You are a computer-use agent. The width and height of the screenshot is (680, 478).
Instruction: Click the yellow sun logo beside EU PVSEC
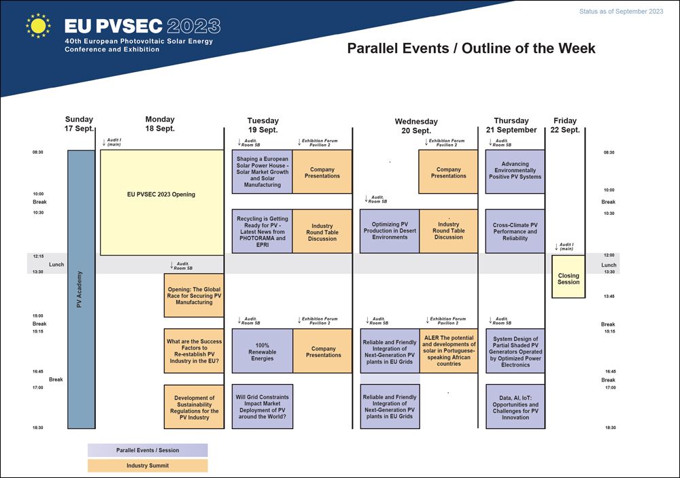(38, 26)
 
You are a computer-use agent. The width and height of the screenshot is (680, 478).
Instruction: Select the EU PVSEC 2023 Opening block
(162, 203)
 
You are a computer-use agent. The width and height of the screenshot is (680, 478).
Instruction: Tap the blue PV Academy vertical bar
(81, 290)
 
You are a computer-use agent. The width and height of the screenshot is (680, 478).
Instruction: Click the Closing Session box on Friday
(568, 276)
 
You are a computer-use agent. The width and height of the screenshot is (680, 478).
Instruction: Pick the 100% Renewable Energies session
(262, 351)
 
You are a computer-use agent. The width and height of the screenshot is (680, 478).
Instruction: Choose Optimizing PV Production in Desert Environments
(390, 231)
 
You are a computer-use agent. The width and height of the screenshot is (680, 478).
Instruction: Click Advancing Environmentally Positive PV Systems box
(515, 171)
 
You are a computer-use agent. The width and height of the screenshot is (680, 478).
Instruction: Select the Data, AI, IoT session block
(515, 407)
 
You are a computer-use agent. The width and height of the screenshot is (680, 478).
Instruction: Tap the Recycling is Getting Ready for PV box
(262, 231)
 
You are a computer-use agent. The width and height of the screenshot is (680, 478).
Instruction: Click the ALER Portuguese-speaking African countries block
(448, 351)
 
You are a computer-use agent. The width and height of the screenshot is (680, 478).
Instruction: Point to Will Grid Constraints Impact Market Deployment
(262, 407)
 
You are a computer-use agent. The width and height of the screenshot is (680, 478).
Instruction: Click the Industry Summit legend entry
(148, 465)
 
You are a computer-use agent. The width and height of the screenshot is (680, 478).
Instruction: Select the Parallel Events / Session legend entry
(148, 450)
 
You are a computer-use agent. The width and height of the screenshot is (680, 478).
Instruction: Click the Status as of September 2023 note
(621, 12)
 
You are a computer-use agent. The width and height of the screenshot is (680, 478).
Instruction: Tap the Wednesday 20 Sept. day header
(416, 126)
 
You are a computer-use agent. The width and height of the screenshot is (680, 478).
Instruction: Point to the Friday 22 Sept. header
(565, 125)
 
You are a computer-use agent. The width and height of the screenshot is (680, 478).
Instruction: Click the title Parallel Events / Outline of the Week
(471, 48)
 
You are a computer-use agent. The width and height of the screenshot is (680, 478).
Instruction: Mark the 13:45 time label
(609, 296)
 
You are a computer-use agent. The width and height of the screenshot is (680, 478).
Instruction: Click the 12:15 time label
(38, 256)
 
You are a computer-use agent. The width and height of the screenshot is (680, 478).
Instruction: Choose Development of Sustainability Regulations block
(194, 407)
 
